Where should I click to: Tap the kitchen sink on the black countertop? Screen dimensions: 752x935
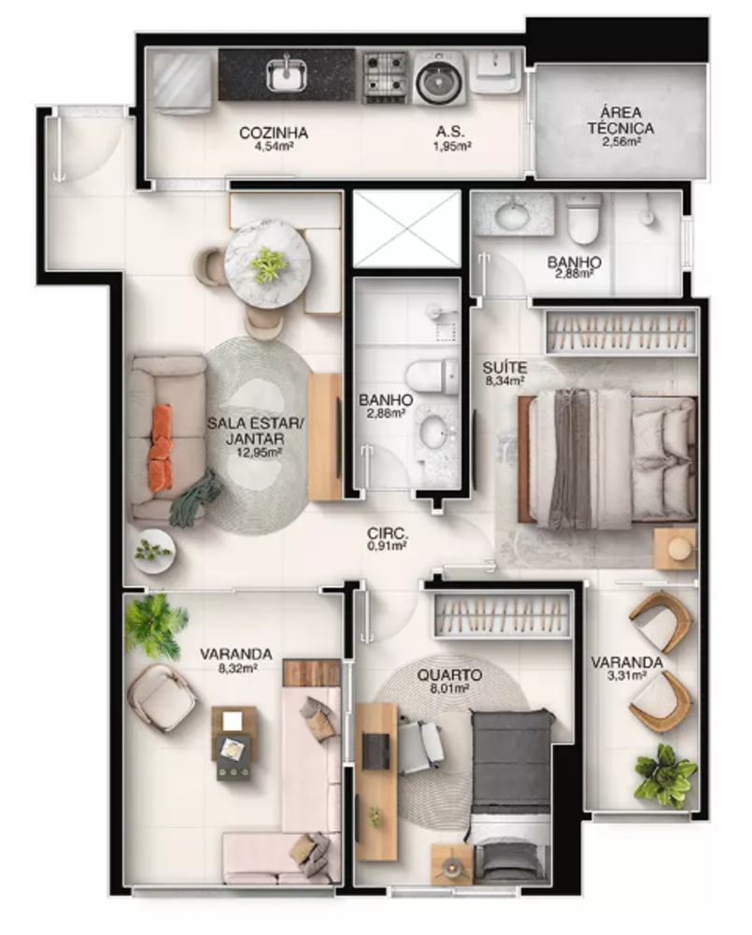[x=287, y=74]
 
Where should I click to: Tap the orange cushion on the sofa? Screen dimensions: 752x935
[x=161, y=447]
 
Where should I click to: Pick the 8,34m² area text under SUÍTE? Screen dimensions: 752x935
[x=504, y=381]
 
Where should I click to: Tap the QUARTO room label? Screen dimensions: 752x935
[x=449, y=675]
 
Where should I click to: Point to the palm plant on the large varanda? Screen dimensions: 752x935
[x=153, y=623]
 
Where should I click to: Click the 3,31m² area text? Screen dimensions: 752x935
[x=627, y=676]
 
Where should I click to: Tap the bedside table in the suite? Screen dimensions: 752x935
[x=675, y=548]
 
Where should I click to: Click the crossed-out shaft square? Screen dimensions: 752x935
[x=407, y=229]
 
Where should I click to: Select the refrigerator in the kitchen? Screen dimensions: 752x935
[x=182, y=81]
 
